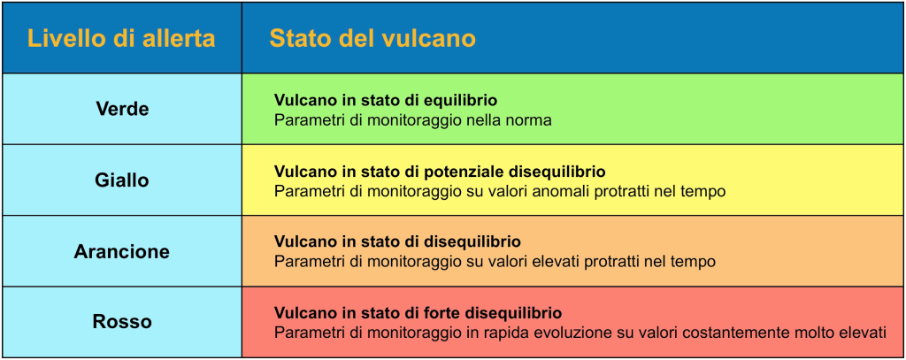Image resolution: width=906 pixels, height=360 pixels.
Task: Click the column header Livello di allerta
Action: [x=121, y=39]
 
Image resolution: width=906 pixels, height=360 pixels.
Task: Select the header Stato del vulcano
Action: [x=372, y=39]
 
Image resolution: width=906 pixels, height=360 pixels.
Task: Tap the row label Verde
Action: [x=122, y=109]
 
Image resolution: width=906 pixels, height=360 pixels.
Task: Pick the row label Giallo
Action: [x=122, y=180]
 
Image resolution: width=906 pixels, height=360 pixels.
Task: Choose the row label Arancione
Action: [x=122, y=251]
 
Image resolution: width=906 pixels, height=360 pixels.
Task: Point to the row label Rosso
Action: [x=122, y=322]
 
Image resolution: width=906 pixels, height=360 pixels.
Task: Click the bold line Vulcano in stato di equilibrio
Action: [x=386, y=101]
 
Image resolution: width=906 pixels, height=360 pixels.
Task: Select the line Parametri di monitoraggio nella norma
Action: [x=413, y=121]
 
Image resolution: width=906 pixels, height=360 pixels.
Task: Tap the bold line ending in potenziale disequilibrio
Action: [x=440, y=172]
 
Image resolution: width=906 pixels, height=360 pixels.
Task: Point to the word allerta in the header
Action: [x=180, y=39]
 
